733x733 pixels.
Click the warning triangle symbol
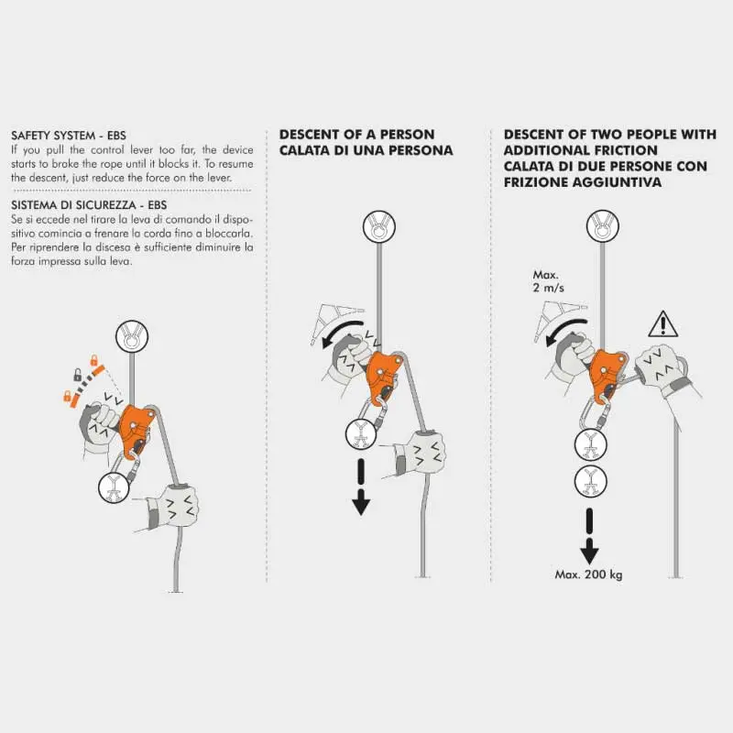(x=662, y=324)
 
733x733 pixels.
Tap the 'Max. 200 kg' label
(x=588, y=574)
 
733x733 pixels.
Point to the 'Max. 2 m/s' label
(x=548, y=281)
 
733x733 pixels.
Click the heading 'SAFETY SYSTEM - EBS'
(x=69, y=136)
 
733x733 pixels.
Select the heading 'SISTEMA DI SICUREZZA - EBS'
(x=89, y=205)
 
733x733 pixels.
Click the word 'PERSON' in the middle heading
(x=407, y=135)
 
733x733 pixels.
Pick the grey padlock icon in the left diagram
(x=77, y=375)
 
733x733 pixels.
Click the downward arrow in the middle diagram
(x=361, y=487)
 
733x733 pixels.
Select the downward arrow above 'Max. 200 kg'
(x=589, y=536)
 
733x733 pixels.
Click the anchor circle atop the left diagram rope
(x=132, y=336)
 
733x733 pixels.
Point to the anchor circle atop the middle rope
(x=379, y=226)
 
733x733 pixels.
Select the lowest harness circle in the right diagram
(x=590, y=481)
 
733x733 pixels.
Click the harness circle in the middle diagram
(x=361, y=434)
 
